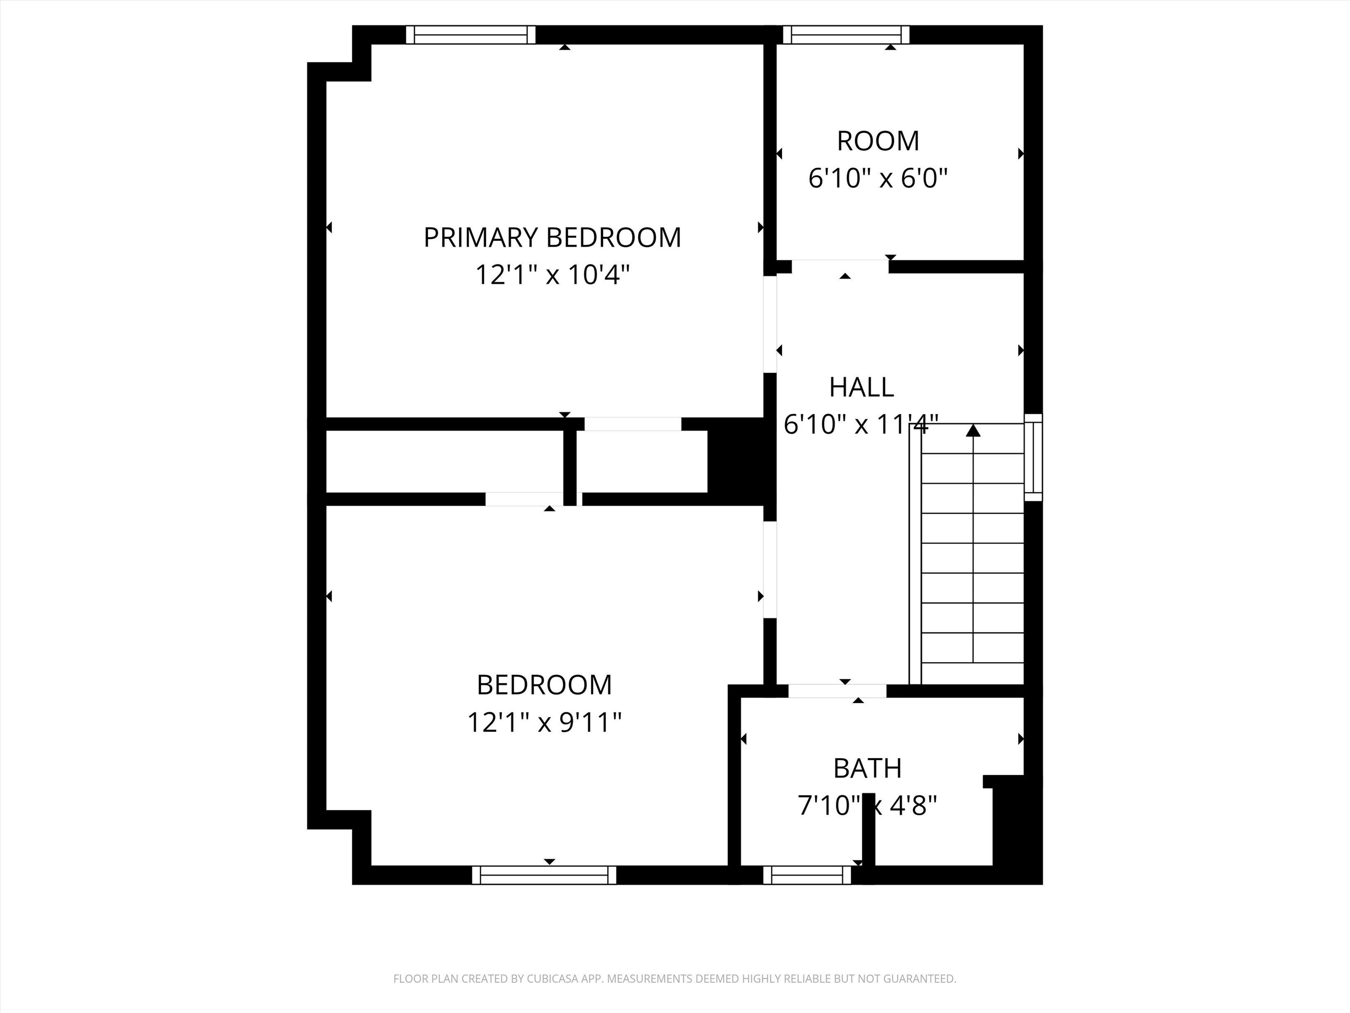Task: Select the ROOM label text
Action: coord(878,141)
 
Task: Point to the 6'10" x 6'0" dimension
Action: coord(878,179)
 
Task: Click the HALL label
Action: coord(861,386)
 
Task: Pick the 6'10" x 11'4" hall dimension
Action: coord(860,424)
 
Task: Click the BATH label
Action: coord(867,768)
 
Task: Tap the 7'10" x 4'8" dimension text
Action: coord(867,806)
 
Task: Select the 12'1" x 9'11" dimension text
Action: coord(544,723)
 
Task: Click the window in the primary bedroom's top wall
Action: coord(471,35)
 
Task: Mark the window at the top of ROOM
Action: coord(846,35)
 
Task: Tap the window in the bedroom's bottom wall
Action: coord(544,875)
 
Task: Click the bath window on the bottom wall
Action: coord(807,875)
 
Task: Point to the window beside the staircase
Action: coord(1033,457)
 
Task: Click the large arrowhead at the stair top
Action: coord(973,430)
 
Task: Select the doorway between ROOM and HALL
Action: coord(840,266)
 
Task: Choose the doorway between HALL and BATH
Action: coord(837,691)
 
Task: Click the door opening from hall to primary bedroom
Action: coord(770,324)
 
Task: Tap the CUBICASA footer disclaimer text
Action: coord(675,979)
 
